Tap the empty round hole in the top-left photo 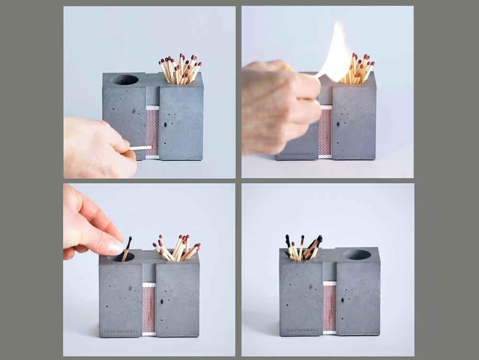125,79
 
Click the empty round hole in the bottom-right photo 357,255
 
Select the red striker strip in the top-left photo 152,132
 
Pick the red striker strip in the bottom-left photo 149,309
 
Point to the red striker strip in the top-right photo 325,132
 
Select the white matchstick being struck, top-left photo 140,148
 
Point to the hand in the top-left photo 96,146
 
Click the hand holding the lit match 278,108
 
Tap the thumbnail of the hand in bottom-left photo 115,247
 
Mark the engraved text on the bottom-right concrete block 299,330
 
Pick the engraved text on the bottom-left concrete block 120,331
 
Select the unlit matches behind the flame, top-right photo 359,70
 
